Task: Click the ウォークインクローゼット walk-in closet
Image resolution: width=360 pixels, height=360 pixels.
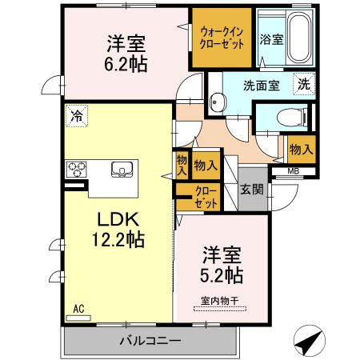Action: (x=222, y=38)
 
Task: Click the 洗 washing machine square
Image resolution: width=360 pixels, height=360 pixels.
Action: (x=305, y=82)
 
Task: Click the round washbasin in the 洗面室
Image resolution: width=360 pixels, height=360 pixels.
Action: (x=216, y=101)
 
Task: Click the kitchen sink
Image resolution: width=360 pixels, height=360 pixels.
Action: (x=123, y=168)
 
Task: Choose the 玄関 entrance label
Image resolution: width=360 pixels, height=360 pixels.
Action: (x=253, y=190)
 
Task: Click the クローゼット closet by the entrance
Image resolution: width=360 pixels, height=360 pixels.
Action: (x=206, y=196)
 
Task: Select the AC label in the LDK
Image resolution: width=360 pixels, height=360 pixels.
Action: (x=78, y=307)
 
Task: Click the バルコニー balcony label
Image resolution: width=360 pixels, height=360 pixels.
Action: (x=150, y=341)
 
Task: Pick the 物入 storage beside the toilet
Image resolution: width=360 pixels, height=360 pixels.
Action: (x=301, y=149)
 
